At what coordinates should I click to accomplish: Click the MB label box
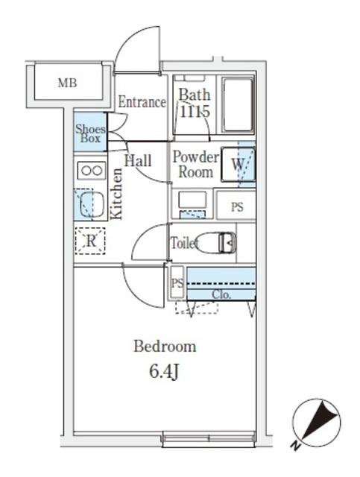click(x=68, y=83)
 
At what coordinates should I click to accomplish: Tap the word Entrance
click(x=141, y=103)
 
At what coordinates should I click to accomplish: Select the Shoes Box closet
click(x=89, y=133)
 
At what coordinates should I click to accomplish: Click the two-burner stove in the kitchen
click(x=91, y=171)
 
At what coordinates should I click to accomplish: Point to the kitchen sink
click(x=90, y=203)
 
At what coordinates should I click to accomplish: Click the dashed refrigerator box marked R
click(x=90, y=240)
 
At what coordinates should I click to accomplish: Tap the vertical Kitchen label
click(x=116, y=192)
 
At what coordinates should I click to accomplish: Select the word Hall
click(x=138, y=160)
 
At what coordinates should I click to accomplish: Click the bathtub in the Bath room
click(x=237, y=106)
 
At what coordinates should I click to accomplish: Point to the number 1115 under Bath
click(x=194, y=112)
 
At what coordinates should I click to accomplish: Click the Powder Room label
click(x=195, y=165)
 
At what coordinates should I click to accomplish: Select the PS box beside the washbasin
click(x=236, y=208)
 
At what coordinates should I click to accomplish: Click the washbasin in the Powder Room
click(x=192, y=202)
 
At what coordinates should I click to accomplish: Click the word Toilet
click(x=184, y=243)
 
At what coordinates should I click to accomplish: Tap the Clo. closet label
click(x=221, y=294)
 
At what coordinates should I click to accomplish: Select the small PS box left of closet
click(x=177, y=282)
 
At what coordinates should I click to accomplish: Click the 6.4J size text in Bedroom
click(x=165, y=371)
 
